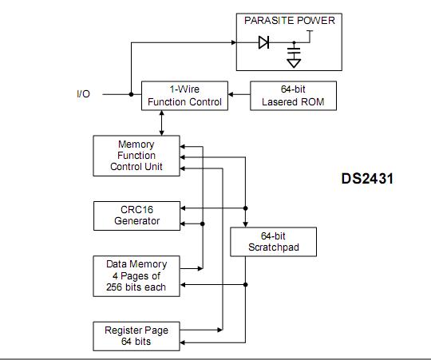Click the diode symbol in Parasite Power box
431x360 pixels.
point(263,43)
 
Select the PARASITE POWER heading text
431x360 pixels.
point(289,20)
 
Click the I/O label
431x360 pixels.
point(84,94)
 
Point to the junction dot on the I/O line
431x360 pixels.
point(130,94)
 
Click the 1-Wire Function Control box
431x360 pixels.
point(184,95)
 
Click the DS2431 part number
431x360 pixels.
point(362,179)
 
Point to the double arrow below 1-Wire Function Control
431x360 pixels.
point(163,123)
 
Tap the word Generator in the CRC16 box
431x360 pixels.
point(136,221)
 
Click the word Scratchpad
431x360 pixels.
point(273,250)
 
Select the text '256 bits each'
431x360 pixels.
point(136,287)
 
